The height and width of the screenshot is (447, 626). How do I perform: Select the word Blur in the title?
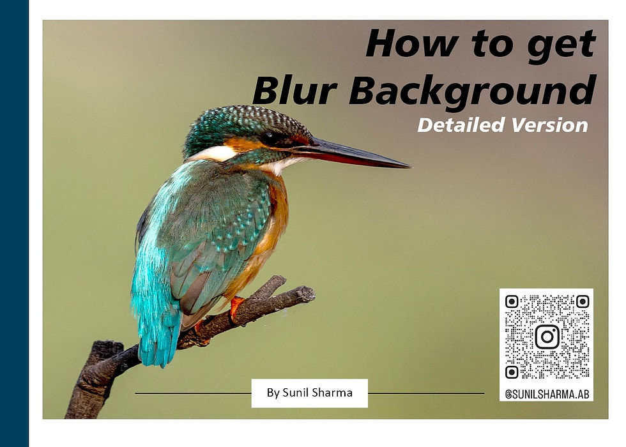(294, 90)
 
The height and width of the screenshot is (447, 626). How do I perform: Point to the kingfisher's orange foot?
(236, 306)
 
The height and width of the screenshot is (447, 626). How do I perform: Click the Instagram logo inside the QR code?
(547, 337)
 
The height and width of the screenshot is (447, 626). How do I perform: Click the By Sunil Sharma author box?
(309, 393)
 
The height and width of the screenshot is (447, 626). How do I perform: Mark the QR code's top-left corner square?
(512, 301)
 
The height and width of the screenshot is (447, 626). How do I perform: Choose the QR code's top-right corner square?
(582, 301)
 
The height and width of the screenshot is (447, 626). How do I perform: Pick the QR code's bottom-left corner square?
(512, 372)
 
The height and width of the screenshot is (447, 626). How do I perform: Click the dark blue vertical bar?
(14, 223)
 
